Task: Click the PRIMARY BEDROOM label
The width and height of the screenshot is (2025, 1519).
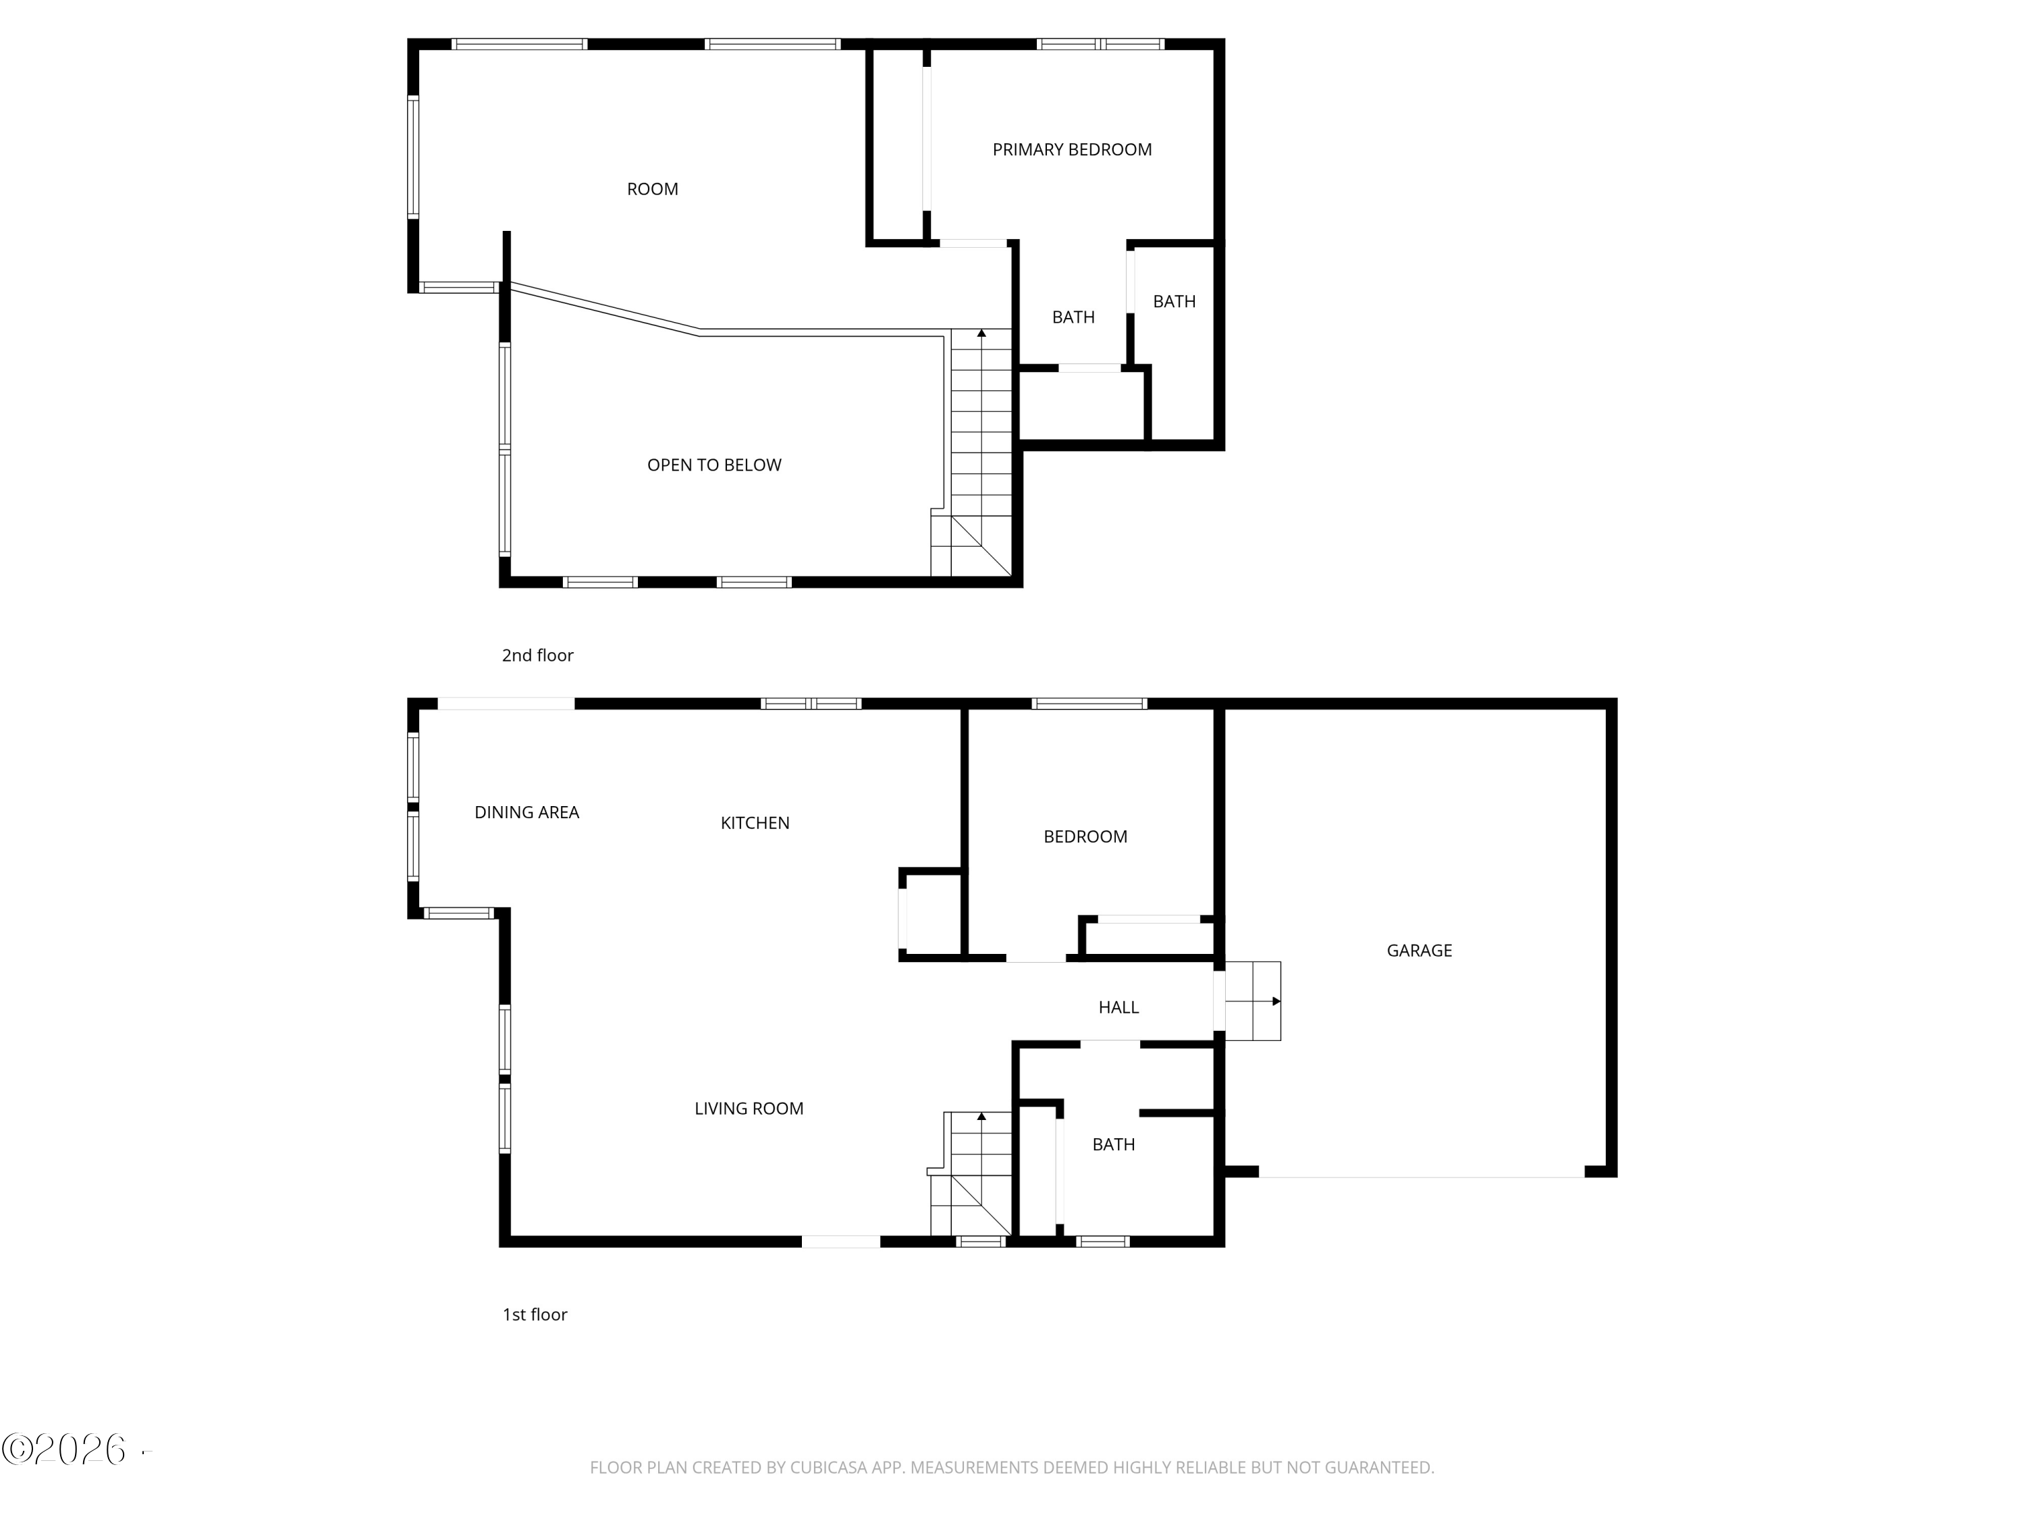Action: (1072, 149)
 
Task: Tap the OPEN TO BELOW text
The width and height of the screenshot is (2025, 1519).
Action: (714, 465)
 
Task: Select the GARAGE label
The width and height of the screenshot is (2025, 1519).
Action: (1419, 951)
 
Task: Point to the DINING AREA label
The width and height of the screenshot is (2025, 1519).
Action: (526, 812)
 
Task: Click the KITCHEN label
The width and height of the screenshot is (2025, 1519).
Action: (755, 823)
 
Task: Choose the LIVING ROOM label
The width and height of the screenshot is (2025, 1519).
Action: (749, 1109)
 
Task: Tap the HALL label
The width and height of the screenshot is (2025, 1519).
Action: (1118, 1007)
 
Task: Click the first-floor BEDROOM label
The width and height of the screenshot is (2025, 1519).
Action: (1085, 837)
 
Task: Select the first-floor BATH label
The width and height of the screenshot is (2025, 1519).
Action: (1113, 1144)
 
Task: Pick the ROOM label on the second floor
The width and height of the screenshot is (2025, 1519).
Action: (653, 190)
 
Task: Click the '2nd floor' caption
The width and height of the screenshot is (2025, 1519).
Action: (537, 656)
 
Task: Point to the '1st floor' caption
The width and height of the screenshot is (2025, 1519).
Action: (535, 1315)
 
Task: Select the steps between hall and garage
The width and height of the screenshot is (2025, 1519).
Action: (1252, 1001)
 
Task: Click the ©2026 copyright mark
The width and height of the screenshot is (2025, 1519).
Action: (64, 1449)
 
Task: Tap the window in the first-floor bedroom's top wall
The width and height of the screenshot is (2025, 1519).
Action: (1089, 703)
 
